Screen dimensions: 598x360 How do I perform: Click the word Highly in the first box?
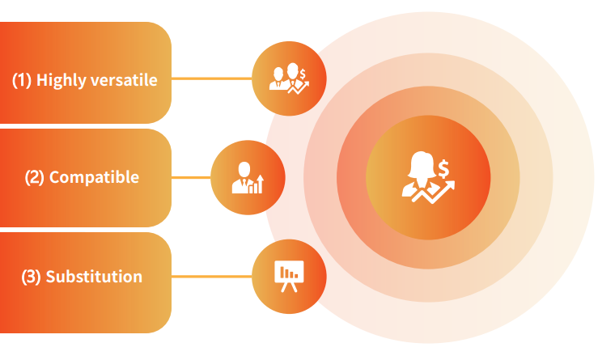(x=61, y=80)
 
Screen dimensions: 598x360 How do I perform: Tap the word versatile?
(x=125, y=80)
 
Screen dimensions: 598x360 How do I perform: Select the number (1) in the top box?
(x=22, y=80)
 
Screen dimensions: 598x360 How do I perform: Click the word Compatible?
(x=94, y=177)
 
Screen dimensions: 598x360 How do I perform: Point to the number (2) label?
(x=35, y=178)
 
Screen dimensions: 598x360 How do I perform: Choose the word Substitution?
(x=94, y=277)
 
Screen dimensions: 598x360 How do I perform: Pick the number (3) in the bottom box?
(x=31, y=277)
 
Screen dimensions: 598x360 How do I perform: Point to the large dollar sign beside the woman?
(x=443, y=169)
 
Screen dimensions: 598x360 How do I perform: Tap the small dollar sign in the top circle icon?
(x=303, y=74)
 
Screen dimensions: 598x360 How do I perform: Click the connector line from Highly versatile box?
(x=212, y=78)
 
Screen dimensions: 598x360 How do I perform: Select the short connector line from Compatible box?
(x=191, y=177)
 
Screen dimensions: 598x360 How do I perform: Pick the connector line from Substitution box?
(x=212, y=276)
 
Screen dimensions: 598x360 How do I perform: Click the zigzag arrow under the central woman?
(x=434, y=193)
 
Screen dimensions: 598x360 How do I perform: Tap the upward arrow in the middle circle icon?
(x=260, y=184)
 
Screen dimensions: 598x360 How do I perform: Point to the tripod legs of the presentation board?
(x=289, y=287)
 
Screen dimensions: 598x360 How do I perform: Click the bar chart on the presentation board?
(x=289, y=273)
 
